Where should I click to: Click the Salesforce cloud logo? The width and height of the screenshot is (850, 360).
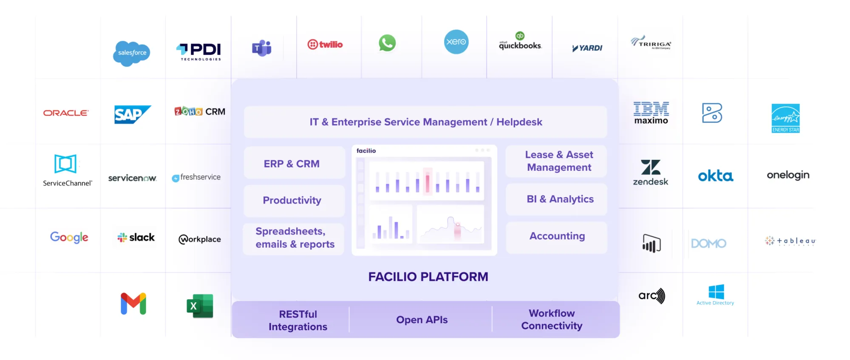pyautogui.click(x=132, y=53)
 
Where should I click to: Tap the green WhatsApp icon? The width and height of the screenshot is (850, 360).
pyautogui.click(x=387, y=43)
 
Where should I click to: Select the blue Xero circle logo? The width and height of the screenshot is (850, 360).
pyautogui.click(x=456, y=42)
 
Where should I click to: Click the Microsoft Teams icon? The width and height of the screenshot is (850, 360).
pyautogui.click(x=262, y=48)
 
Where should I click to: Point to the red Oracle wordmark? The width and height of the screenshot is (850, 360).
pyautogui.click(x=66, y=113)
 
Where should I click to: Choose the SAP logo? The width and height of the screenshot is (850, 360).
pyautogui.click(x=132, y=114)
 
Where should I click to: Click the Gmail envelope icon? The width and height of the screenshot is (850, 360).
pyautogui.click(x=133, y=303)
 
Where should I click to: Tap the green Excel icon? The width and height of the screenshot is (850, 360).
pyautogui.click(x=200, y=306)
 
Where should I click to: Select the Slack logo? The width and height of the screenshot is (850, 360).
pyautogui.click(x=136, y=238)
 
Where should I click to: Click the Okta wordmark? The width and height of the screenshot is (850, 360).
pyautogui.click(x=715, y=176)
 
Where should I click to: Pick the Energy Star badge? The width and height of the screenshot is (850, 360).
pyautogui.click(x=785, y=118)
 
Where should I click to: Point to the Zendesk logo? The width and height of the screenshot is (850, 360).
pyautogui.click(x=651, y=173)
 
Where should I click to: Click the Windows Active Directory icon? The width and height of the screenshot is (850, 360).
pyautogui.click(x=716, y=292)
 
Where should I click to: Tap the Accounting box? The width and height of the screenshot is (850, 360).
pyautogui.click(x=557, y=236)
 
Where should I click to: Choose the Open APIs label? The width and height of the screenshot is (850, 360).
pyautogui.click(x=422, y=320)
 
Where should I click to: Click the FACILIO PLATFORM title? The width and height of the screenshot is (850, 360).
pyautogui.click(x=428, y=277)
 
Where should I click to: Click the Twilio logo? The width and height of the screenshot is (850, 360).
pyautogui.click(x=325, y=44)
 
